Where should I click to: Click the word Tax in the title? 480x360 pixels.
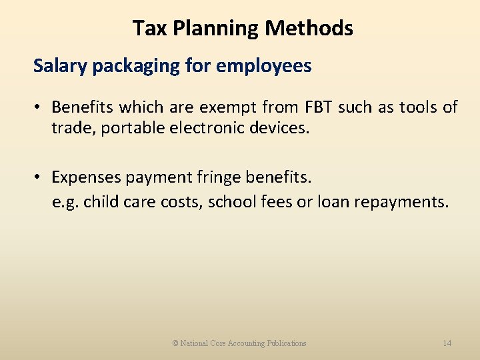(147, 28)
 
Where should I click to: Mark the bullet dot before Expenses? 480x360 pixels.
(39, 177)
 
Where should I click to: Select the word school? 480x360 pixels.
(228, 201)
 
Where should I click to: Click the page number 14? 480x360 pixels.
(447, 343)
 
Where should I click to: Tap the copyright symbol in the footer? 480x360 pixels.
(175, 343)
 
